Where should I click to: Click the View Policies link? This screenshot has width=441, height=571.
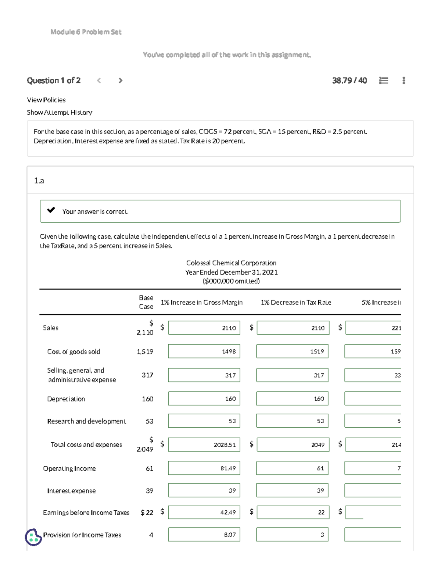tap(46, 100)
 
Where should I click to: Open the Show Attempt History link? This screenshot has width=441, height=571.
tap(60, 113)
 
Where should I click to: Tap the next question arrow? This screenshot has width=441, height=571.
tap(121, 81)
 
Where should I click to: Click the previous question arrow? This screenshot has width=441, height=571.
tap(99, 81)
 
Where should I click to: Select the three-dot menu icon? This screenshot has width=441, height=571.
tap(404, 81)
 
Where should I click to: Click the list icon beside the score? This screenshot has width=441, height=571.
tap(383, 81)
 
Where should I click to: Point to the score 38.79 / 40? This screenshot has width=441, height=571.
tap(349, 81)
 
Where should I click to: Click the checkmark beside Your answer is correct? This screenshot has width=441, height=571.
tap(51, 210)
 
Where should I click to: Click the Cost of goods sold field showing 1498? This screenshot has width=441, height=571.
tap(204, 351)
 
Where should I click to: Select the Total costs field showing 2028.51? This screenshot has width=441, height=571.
tap(204, 445)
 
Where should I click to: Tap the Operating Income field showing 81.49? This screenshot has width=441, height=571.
tap(204, 468)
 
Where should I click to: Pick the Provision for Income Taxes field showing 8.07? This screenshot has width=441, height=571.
tap(204, 535)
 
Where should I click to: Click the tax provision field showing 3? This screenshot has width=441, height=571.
tap(292, 535)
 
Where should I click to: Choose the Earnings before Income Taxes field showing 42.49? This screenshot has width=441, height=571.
tap(204, 512)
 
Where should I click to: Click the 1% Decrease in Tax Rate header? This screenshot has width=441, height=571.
tap(296, 303)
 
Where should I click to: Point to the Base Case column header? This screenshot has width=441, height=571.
tap(146, 302)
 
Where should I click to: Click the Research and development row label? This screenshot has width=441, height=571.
tap(86, 421)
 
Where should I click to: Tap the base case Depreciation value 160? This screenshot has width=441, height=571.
tap(147, 399)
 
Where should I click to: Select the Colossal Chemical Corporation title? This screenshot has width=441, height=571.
tap(231, 263)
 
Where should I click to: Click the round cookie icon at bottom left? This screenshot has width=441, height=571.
tap(33, 537)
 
